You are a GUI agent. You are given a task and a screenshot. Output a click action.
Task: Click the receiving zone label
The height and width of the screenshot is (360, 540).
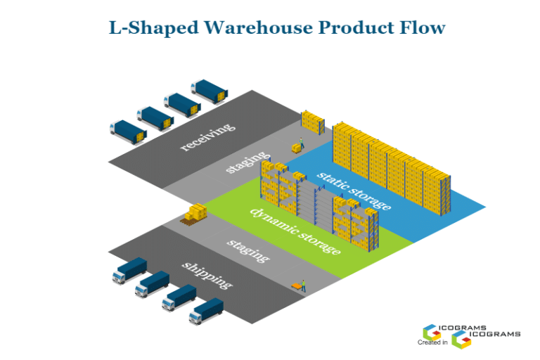tap(207, 137)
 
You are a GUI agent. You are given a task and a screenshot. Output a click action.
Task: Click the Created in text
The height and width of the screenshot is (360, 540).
tap(432, 342)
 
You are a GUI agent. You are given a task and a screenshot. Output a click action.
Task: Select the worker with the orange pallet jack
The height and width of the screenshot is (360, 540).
tap(300, 285)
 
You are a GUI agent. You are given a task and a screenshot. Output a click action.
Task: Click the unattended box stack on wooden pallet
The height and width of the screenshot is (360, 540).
tap(195, 214)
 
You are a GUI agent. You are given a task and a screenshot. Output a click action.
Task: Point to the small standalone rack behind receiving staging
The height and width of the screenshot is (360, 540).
tap(313, 122)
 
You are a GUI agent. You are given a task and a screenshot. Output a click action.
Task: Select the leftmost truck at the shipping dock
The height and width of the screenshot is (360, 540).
tap(129, 270)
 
